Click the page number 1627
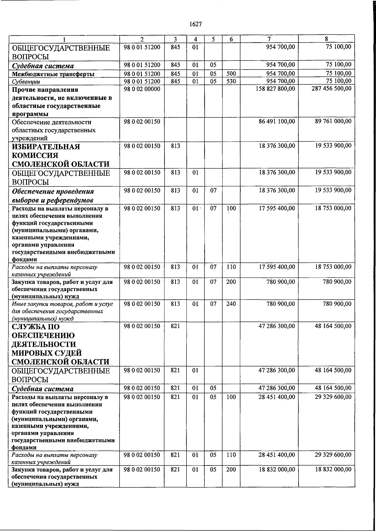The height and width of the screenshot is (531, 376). (196, 24)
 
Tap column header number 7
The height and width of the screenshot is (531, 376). (269, 39)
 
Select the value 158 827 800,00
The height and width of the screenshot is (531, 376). (275, 89)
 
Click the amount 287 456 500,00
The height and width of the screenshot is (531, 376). (332, 89)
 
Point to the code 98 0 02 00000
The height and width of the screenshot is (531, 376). (142, 89)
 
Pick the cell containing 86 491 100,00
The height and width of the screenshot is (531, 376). (277, 121)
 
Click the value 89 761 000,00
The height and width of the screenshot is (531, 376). (333, 121)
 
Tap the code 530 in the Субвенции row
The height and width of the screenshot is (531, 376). (231, 81)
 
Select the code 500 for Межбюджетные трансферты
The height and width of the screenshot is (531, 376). (231, 74)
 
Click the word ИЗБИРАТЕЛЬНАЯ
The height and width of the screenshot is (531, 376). (46, 147)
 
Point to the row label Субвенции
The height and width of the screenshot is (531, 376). (26, 82)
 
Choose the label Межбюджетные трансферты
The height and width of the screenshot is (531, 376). (53, 74)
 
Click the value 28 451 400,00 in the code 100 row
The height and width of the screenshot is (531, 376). (277, 397)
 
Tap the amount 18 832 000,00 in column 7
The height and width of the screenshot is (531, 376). (277, 469)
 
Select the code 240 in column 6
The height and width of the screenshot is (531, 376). (231, 304)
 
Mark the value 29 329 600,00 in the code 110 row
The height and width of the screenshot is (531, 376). (333, 455)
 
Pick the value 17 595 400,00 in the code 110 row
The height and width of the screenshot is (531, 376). (277, 267)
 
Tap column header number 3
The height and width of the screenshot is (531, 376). (175, 39)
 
